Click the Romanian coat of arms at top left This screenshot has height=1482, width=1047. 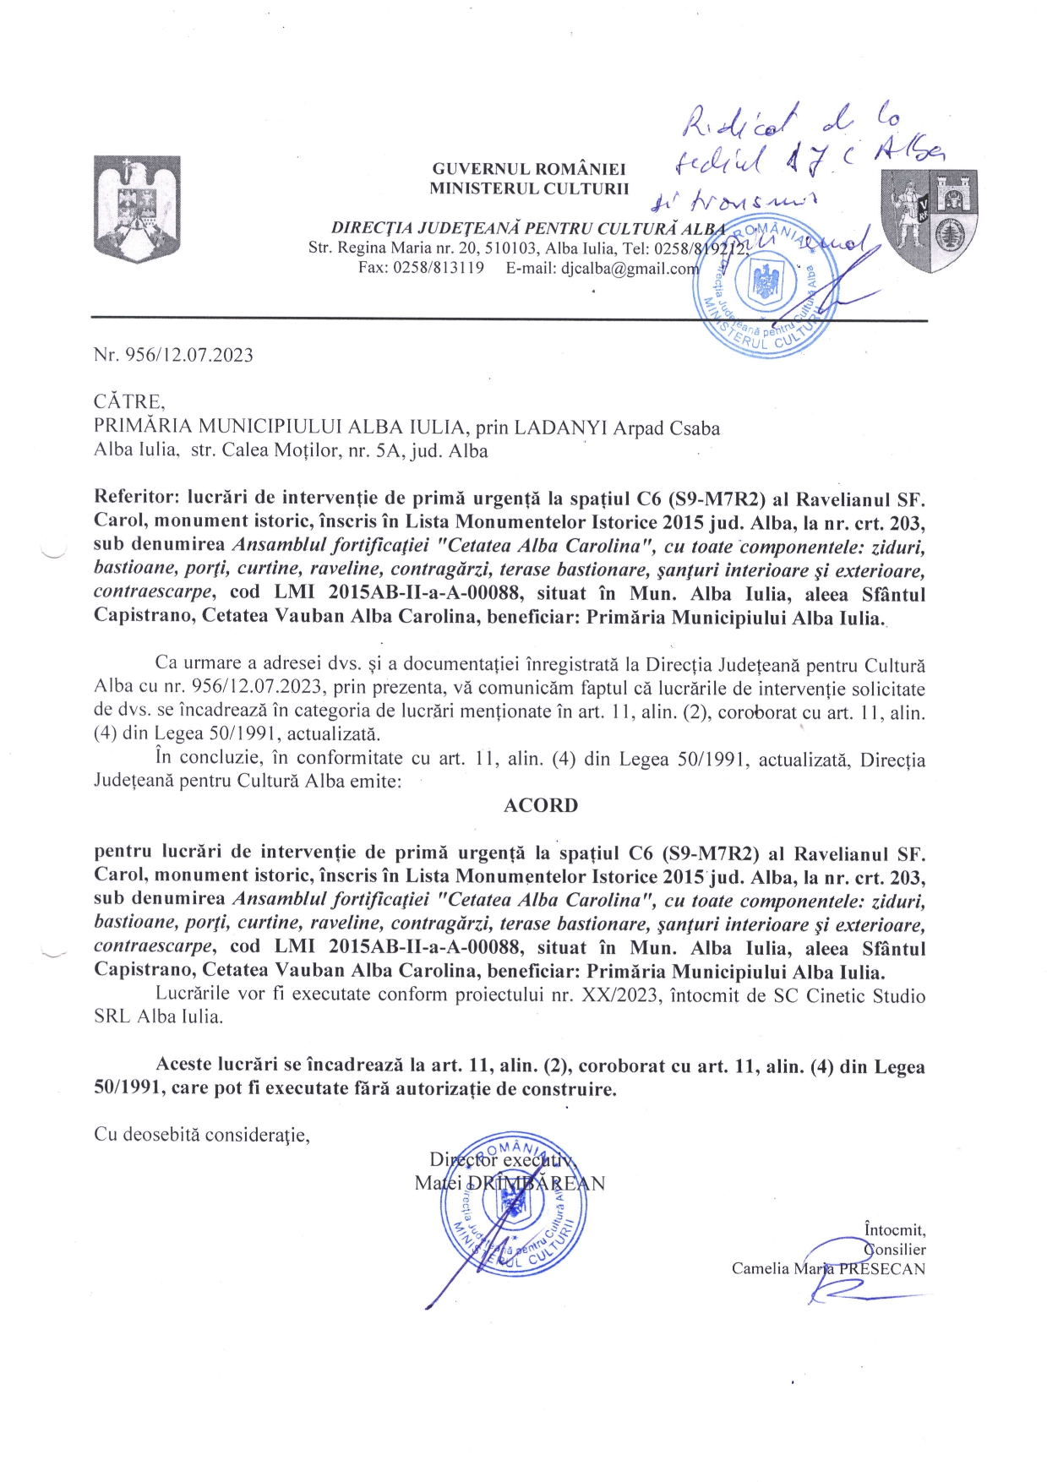point(136,209)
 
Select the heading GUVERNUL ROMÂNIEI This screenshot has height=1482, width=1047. point(529,170)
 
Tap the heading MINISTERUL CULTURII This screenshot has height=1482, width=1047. point(529,188)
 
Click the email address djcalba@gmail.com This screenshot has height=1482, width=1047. point(630,269)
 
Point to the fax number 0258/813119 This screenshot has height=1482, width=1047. point(444,269)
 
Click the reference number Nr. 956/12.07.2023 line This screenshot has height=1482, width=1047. point(173,355)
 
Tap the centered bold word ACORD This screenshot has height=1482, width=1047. point(541,805)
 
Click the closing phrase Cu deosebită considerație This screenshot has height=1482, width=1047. point(202,1134)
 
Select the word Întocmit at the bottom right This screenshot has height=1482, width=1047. point(894,1230)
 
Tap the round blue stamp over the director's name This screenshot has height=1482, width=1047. point(509,1203)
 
